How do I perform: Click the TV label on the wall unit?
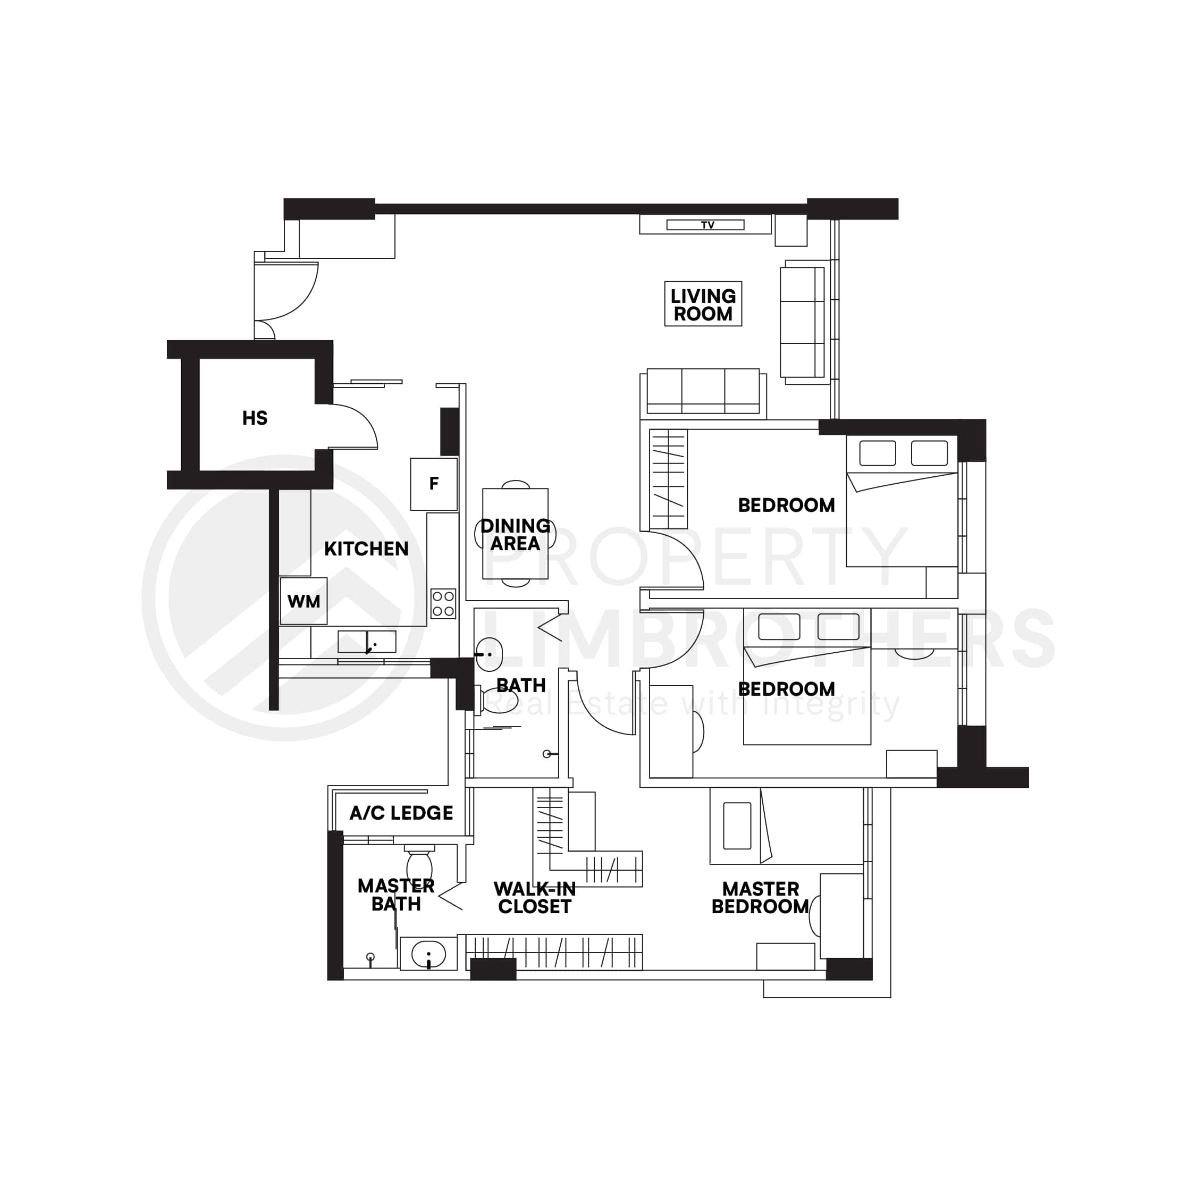pos(707,225)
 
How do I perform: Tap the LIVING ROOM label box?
pos(703,304)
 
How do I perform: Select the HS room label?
pos(255,418)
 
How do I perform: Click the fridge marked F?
pos(433,484)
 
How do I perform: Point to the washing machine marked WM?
pos(304,601)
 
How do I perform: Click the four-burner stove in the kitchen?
pos(443,603)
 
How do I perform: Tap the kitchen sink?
pos(366,642)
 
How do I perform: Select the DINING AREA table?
pos(515,534)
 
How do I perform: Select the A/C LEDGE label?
pos(401,813)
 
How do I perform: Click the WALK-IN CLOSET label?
pos(534,898)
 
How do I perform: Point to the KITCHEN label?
pos(366,549)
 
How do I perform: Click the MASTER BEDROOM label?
pos(760,898)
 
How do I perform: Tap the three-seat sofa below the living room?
pos(703,391)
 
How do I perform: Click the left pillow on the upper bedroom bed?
pos(877,453)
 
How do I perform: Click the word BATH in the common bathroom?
pos(520,685)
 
